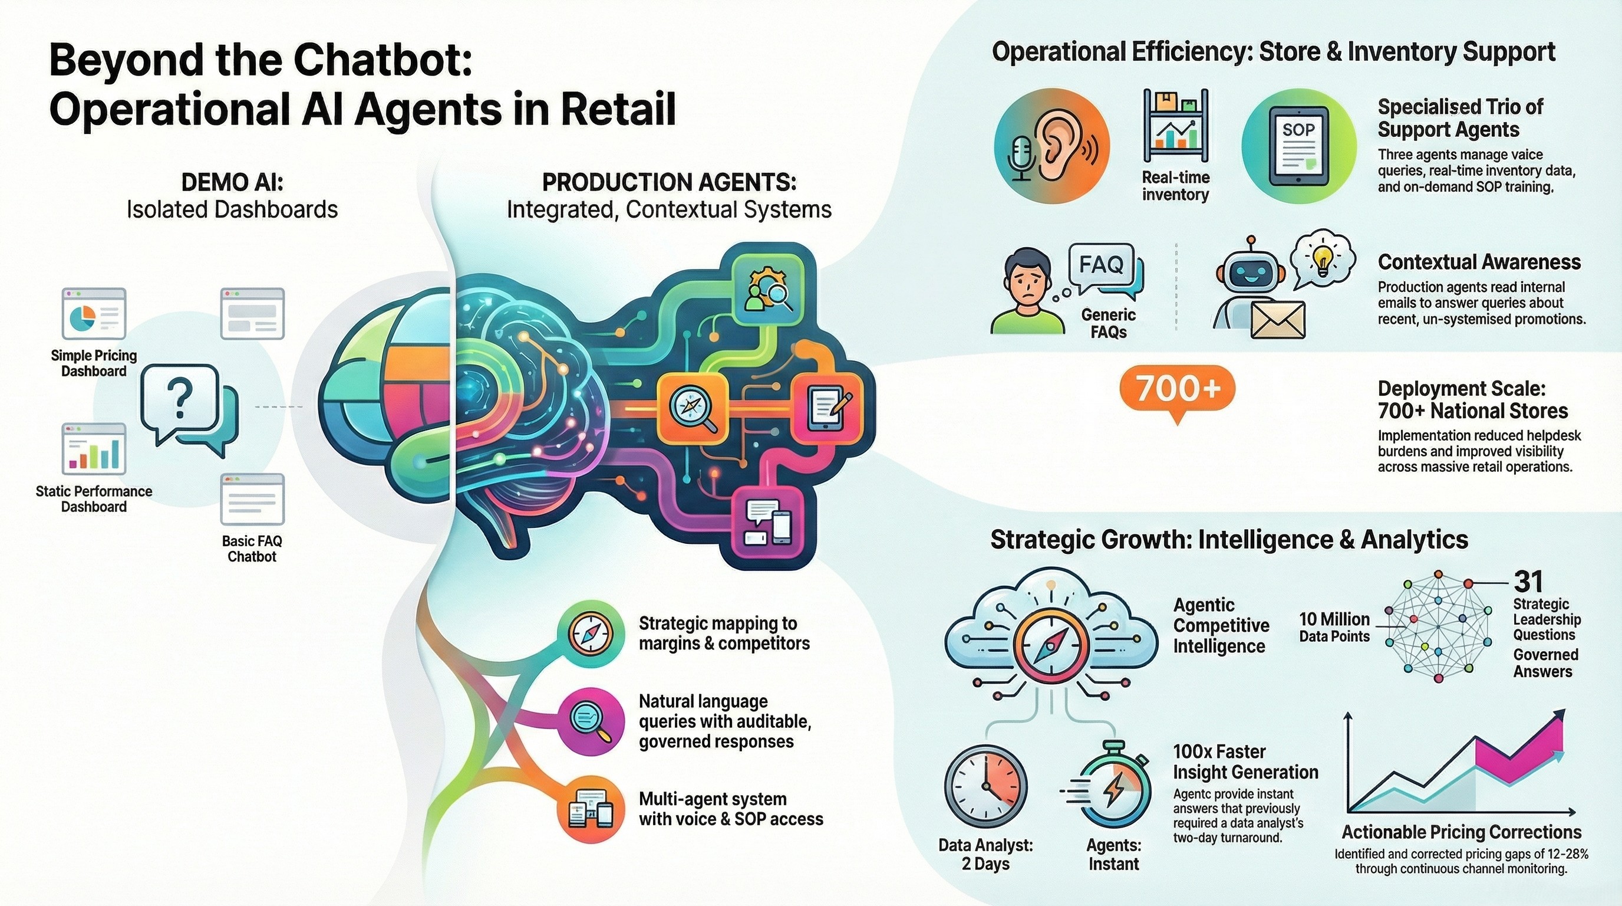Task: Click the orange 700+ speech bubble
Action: (x=1178, y=389)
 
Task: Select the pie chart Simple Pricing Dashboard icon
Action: (x=94, y=314)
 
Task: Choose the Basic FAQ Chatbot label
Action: (x=252, y=548)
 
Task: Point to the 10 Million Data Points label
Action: (x=1334, y=628)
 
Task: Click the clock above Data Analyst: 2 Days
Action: (x=985, y=787)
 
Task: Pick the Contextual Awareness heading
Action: (x=1479, y=261)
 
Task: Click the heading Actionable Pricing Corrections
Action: (x=1462, y=832)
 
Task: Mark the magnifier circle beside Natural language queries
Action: (x=589, y=722)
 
